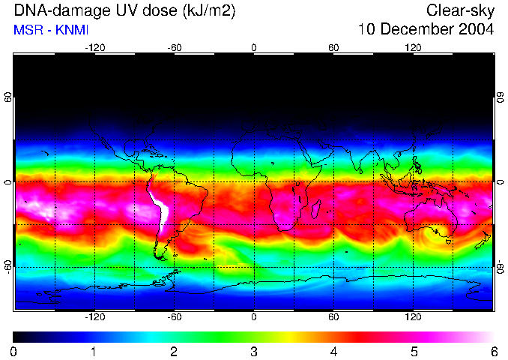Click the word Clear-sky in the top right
click(x=460, y=10)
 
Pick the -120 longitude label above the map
click(x=94, y=47)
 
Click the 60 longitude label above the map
click(x=333, y=47)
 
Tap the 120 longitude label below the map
click(x=413, y=317)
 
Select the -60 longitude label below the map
click(x=174, y=317)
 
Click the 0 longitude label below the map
click(x=254, y=317)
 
